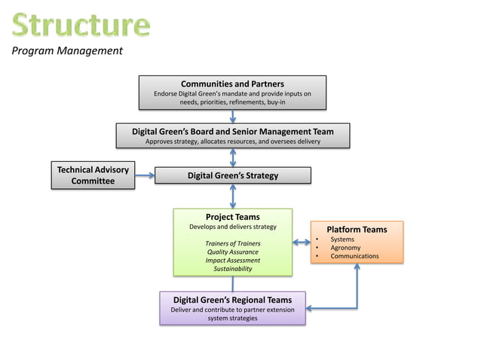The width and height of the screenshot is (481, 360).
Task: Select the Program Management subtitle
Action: [x=66, y=51]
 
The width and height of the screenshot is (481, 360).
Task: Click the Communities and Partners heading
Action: [x=232, y=84]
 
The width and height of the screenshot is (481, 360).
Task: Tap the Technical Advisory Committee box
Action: [x=93, y=175]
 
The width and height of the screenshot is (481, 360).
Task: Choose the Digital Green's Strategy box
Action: [x=232, y=175]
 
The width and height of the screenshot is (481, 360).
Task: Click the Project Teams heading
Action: [x=232, y=217]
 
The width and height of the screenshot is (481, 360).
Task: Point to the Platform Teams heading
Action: [x=357, y=229]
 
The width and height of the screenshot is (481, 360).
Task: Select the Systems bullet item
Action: [x=342, y=239]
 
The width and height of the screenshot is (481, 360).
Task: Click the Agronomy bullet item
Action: [x=345, y=248]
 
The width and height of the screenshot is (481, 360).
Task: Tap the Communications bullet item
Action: [x=354, y=256]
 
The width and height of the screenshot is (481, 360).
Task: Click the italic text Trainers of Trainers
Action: [x=232, y=243]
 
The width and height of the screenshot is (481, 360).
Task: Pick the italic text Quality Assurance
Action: [x=232, y=252]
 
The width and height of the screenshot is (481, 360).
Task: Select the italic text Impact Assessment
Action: [x=232, y=260]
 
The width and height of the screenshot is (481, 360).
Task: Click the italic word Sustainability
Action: [x=232, y=268]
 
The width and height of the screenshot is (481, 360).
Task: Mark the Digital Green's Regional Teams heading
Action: [x=232, y=300]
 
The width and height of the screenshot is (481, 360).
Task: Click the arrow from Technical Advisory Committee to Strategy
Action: [x=145, y=175]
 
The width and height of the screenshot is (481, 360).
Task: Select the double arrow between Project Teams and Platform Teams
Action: [x=302, y=242]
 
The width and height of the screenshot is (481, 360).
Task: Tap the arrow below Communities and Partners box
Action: [x=232, y=116]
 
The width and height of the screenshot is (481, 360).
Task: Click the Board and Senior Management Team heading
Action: [x=232, y=131]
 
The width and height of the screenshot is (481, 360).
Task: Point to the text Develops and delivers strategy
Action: [x=232, y=227]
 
